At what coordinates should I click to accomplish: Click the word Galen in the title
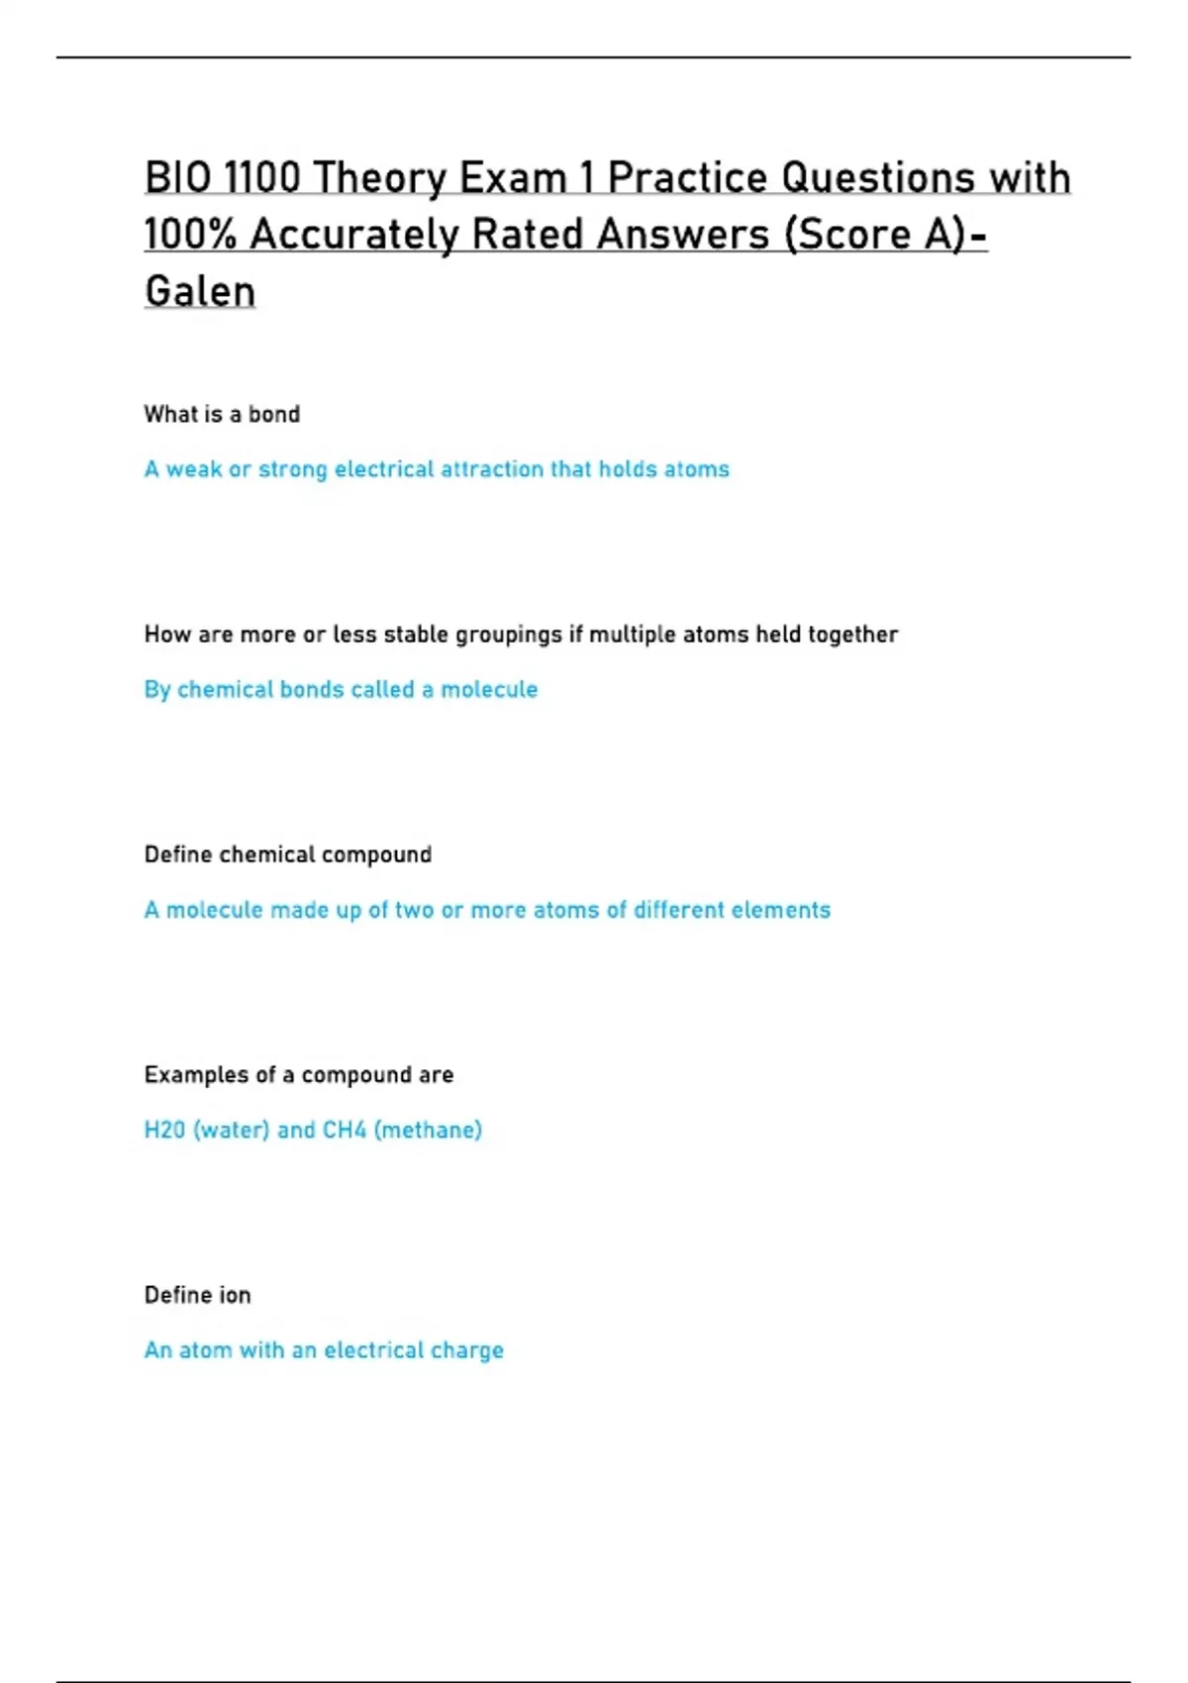click(200, 292)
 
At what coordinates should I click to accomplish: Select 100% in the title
click(190, 236)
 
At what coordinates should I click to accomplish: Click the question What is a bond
click(222, 414)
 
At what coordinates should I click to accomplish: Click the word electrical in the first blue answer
click(384, 469)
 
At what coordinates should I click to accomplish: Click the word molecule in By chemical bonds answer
click(489, 689)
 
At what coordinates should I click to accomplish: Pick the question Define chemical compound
click(287, 854)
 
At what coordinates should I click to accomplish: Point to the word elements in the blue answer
click(781, 910)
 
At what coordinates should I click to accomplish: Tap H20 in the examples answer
click(164, 1130)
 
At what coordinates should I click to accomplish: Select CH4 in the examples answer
click(345, 1130)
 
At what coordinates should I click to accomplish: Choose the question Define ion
click(197, 1295)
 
